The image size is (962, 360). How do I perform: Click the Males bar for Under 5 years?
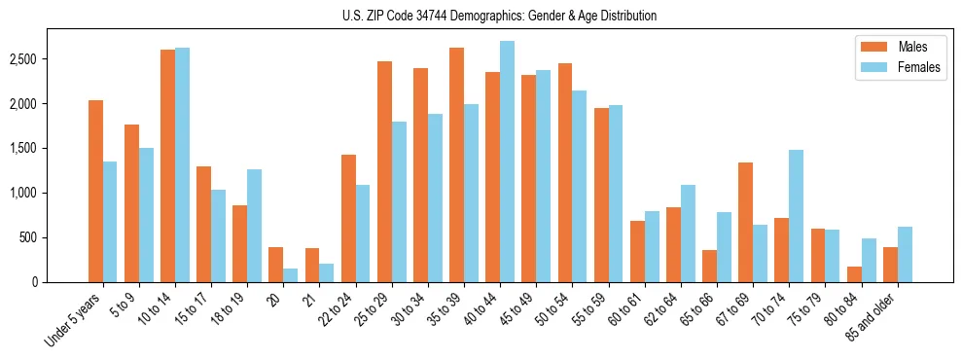coord(95,191)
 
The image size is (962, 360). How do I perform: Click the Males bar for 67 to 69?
coord(745,222)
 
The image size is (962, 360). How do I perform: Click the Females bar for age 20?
coord(291,275)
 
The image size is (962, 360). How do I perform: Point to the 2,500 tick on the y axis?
coord(50,59)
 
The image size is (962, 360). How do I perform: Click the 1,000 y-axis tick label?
coord(50,193)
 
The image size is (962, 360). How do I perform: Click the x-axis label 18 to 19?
coord(232,308)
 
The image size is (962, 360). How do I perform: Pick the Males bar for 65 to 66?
coord(709,266)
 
